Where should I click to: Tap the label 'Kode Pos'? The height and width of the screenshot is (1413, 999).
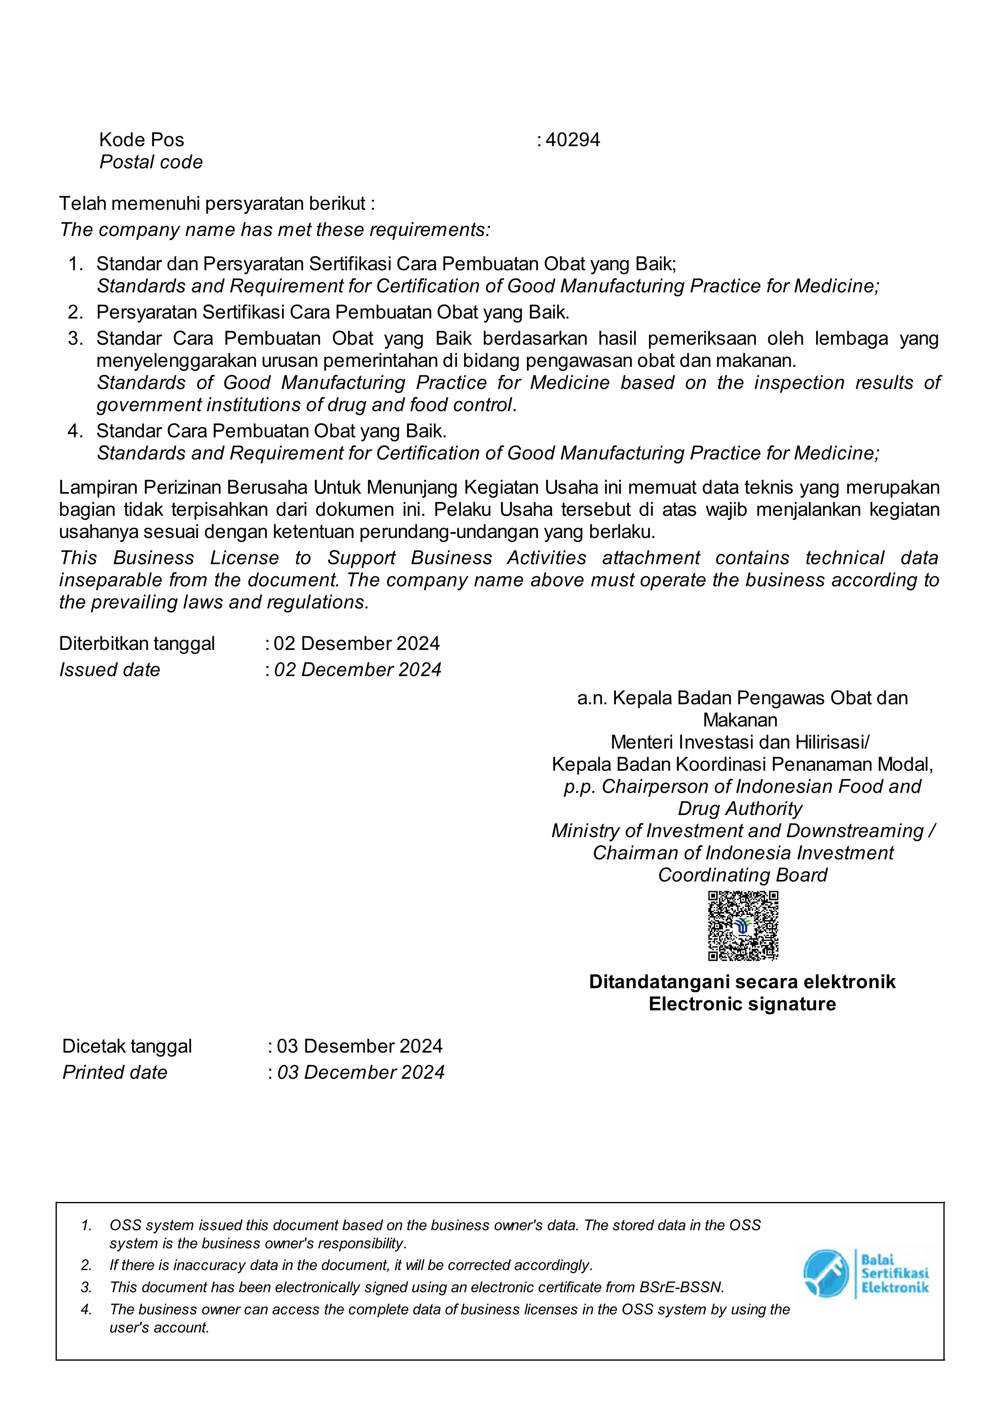click(x=141, y=140)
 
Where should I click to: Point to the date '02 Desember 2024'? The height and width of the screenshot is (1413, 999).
click(x=356, y=644)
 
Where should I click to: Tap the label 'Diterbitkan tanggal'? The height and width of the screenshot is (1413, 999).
click(x=137, y=644)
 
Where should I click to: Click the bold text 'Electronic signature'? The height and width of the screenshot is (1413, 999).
click(x=742, y=1004)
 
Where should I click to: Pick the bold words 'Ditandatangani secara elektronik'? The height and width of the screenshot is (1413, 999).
click(x=742, y=981)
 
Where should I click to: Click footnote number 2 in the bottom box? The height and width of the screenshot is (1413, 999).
click(x=86, y=1265)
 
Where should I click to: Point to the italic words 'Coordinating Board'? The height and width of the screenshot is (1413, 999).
click(x=742, y=875)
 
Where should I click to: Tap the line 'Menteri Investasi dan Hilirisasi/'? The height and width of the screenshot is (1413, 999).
click(x=740, y=742)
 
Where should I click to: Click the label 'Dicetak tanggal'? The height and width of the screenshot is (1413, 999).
click(x=127, y=1046)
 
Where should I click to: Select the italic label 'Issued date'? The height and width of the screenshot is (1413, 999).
click(x=110, y=670)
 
